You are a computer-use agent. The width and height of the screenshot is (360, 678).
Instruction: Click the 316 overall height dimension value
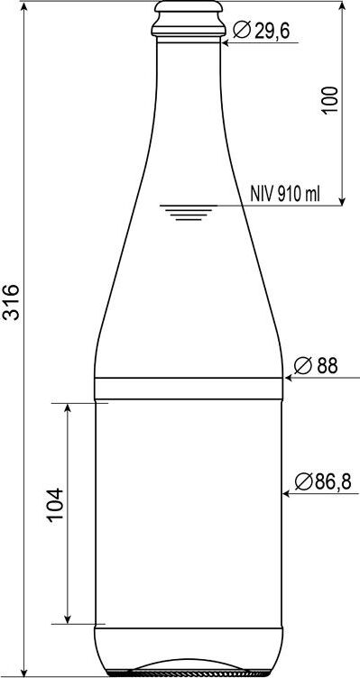coord(11,302)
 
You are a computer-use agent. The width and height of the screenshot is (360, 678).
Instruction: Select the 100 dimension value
coord(329,100)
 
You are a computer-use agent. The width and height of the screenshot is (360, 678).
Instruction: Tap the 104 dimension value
coord(55,505)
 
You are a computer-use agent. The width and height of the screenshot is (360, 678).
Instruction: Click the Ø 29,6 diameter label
coord(262,31)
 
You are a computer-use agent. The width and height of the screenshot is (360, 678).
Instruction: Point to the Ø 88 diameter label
coord(316,366)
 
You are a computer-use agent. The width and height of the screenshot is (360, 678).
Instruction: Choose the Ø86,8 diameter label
coord(323,481)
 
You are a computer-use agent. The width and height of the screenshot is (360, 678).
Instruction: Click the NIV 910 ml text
coord(285,195)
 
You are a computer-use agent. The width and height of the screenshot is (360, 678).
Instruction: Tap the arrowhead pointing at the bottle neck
coord(225,42)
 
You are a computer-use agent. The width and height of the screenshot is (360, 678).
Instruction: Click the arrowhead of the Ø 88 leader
coord(288,378)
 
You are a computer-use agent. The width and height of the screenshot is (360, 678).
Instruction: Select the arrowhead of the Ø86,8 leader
coord(286,493)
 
